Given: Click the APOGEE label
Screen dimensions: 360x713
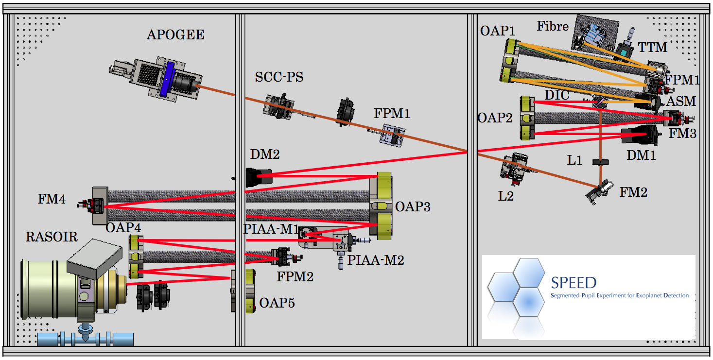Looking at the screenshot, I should (x=175, y=35).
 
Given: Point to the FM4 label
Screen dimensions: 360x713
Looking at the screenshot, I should (x=51, y=199).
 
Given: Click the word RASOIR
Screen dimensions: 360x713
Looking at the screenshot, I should (x=52, y=237).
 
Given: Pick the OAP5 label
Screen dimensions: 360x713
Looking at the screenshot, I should (x=277, y=303).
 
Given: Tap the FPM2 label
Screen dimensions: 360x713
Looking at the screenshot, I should (x=295, y=277).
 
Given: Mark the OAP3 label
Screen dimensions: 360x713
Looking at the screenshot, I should (x=413, y=207).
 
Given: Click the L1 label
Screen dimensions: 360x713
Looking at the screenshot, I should (x=574, y=160).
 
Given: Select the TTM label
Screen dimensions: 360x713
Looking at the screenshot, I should (x=652, y=47).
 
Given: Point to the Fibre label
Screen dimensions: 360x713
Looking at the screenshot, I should (x=553, y=26).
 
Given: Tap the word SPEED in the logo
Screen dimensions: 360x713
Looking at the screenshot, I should (x=574, y=283).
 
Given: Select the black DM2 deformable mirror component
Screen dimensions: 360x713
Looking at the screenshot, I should (x=259, y=177).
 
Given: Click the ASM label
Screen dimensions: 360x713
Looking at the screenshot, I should (x=681, y=102).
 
